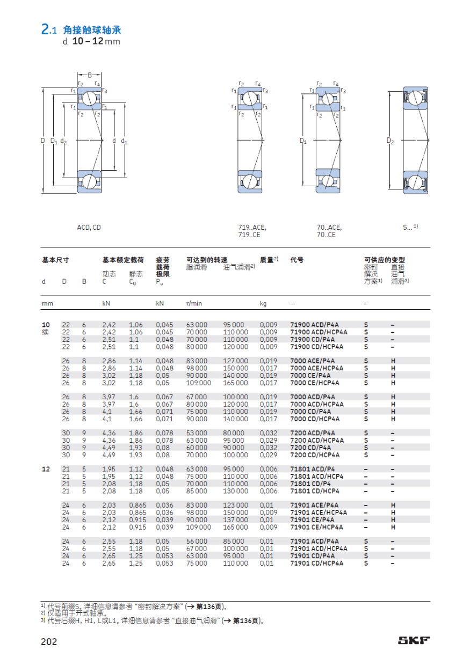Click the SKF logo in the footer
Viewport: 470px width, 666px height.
pos(414,640)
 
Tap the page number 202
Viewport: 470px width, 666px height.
pos(49,641)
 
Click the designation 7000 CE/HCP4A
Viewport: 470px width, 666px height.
pos(315,383)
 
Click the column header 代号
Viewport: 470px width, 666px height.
pos(297,260)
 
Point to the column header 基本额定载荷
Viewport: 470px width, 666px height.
pos(123,260)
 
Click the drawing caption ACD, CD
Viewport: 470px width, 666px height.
pos(89,228)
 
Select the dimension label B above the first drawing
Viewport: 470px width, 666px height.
pos(90,75)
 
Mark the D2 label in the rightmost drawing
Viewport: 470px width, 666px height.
pos(391,141)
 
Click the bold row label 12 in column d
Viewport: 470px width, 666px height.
pos(46,469)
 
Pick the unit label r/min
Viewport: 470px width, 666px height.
pos(194,304)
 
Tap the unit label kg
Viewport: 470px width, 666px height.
pos(263,304)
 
